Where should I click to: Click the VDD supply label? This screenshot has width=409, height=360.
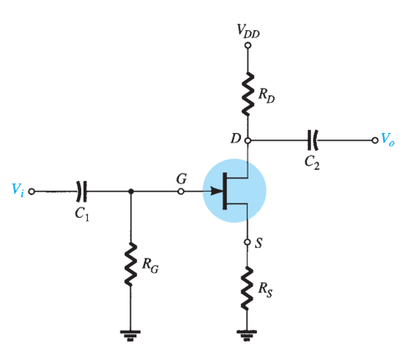point(248,31)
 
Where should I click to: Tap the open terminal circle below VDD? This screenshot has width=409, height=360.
point(248,45)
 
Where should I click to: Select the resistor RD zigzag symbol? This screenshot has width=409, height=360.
point(248,94)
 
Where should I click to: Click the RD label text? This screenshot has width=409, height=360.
point(266,95)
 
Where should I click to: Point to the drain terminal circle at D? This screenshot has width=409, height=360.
point(248,140)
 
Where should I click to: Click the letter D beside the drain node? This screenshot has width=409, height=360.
point(236,138)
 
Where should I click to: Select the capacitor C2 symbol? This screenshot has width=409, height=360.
point(312,140)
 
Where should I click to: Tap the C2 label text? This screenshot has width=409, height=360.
point(312,162)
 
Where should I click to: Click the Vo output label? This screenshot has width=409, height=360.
point(388,139)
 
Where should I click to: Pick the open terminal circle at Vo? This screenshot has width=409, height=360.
point(375,140)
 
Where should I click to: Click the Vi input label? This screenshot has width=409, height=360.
point(18,190)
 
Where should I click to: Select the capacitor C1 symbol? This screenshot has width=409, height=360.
point(81,192)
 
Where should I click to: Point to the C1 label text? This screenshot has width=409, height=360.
point(82,214)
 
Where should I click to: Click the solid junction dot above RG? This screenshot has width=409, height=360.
point(130,192)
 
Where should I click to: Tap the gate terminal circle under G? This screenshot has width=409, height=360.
point(181,192)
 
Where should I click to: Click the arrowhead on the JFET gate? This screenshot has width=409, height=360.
point(217,192)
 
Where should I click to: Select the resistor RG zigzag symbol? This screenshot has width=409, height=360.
point(130,265)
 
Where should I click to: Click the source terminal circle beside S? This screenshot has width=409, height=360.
point(248,242)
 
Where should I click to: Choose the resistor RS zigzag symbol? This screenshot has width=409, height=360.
point(247,288)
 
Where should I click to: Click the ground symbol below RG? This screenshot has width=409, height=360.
point(130,336)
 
